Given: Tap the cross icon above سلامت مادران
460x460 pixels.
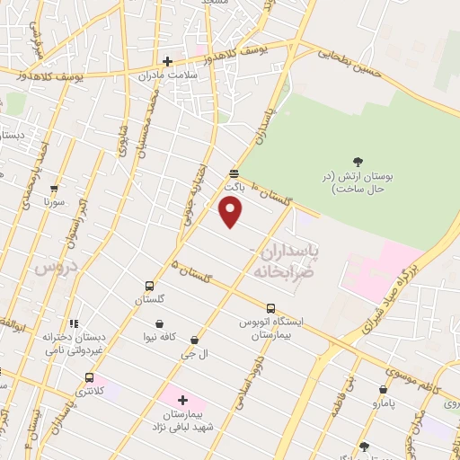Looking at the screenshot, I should (x=167, y=62).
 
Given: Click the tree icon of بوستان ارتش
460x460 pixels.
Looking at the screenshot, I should (x=358, y=162).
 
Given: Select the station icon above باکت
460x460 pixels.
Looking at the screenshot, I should (x=234, y=173).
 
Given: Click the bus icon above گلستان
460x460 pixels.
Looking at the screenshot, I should (x=149, y=287).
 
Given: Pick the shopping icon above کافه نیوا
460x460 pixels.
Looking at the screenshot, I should (x=159, y=324).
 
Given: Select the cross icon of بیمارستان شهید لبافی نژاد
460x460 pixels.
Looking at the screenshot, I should (x=182, y=400).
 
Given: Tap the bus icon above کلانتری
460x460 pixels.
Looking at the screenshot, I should (x=88, y=377).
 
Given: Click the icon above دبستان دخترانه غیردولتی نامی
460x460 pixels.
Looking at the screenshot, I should (x=74, y=323).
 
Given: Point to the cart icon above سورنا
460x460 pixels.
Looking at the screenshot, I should (x=54, y=189).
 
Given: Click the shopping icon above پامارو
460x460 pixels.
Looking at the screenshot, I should (x=384, y=390).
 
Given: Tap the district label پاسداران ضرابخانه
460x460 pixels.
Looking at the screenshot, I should (x=287, y=254).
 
